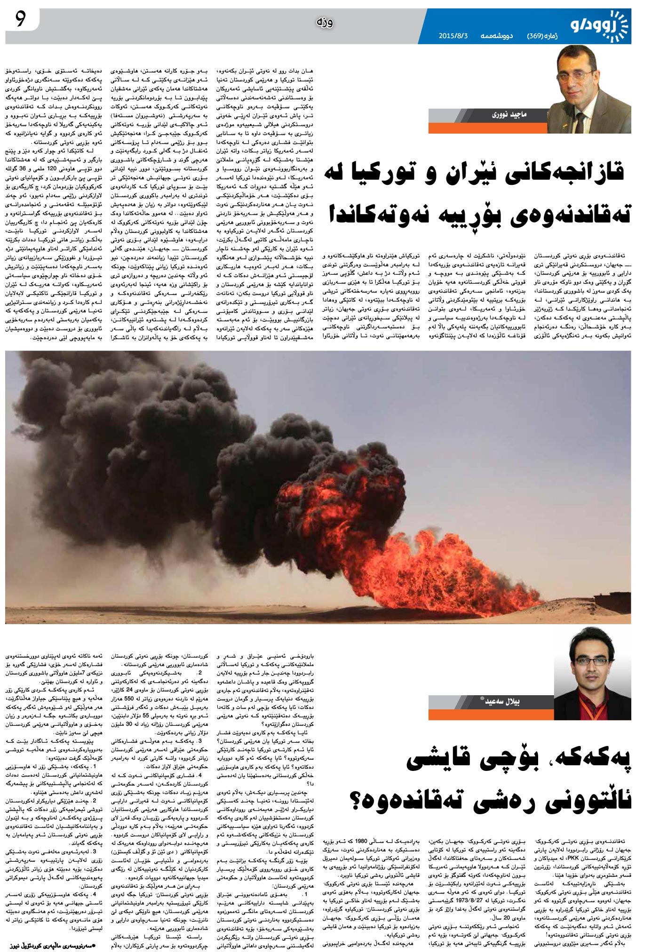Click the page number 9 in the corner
(20, 19)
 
